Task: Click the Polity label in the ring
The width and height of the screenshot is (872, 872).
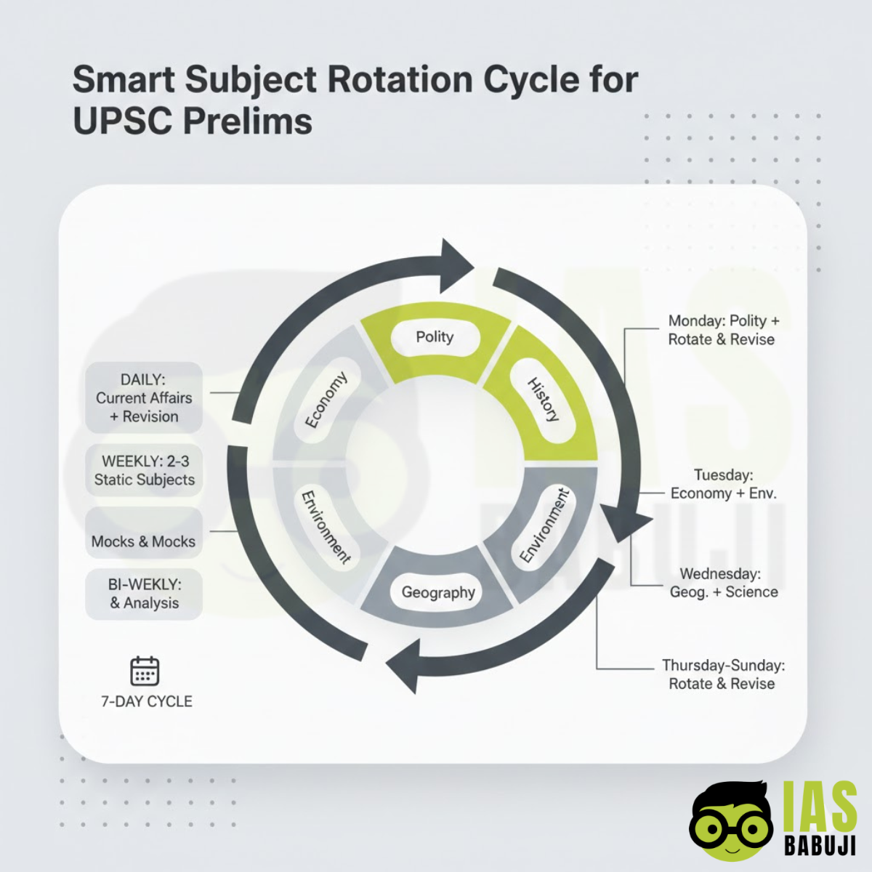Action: click(435, 336)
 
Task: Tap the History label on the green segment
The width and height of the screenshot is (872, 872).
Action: click(543, 400)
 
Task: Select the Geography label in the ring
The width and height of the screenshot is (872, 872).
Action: click(438, 592)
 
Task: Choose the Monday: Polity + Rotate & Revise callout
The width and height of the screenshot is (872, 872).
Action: click(722, 330)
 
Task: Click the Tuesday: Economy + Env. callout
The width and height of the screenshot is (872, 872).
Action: click(723, 484)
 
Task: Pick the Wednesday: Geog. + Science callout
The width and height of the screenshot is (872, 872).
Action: click(723, 583)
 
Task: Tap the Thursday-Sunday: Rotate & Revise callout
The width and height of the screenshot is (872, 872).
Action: click(722, 674)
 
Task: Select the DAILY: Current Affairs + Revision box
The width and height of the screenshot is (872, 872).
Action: click(144, 397)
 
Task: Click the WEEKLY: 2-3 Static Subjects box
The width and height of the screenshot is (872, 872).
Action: click(144, 470)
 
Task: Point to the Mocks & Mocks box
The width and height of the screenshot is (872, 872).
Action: click(144, 541)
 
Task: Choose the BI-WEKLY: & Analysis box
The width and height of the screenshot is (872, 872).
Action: click(144, 594)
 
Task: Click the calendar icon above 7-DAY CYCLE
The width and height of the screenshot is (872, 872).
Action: click(145, 671)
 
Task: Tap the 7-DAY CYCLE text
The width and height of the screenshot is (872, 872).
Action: click(147, 701)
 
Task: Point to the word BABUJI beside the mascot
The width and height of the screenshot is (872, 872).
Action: click(820, 845)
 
